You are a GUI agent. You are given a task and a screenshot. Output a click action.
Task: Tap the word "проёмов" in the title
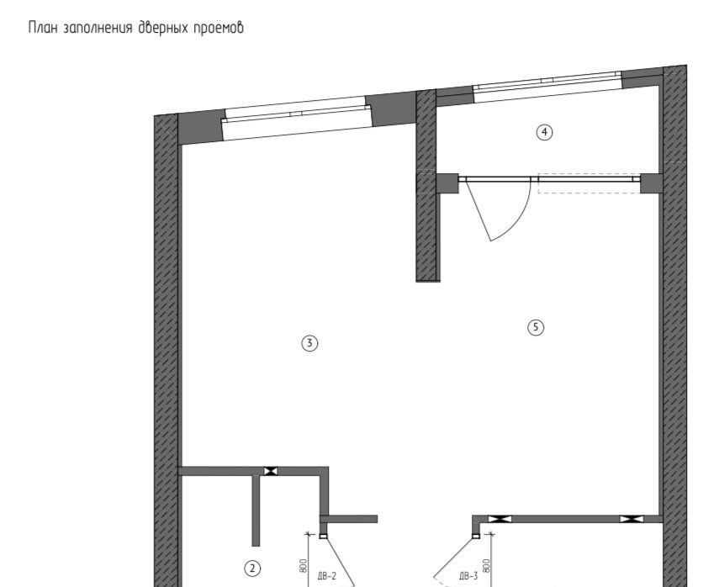220,28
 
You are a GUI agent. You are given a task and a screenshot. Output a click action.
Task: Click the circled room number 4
545,131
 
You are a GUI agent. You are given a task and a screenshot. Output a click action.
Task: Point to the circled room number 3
309,342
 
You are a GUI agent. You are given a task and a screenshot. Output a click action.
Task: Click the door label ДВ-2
327,576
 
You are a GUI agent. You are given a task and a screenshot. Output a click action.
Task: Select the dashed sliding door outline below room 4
588,184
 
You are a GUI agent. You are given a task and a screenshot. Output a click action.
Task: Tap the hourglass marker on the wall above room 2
270,471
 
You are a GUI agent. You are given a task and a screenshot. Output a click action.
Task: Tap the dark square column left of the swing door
447,183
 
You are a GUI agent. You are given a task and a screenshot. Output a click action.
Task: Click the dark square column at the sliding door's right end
651,182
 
